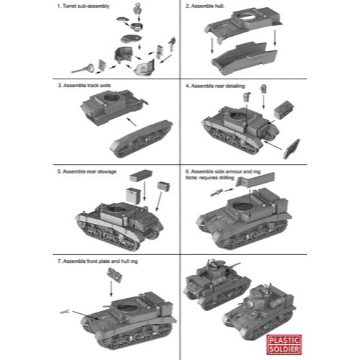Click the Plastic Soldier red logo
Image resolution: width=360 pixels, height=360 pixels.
[284, 345]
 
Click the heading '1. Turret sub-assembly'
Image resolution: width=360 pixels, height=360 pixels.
[84, 6]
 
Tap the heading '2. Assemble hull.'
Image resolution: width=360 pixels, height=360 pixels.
[205, 6]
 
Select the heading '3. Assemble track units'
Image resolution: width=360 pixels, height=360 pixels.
[84, 86]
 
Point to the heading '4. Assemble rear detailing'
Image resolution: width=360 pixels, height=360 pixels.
[215, 86]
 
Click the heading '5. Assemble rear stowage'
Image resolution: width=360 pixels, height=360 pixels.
[87, 171]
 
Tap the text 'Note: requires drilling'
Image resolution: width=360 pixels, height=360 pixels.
[210, 178]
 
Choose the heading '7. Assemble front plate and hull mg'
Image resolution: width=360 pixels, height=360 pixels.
[98, 261]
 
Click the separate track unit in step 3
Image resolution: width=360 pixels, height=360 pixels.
[141, 139]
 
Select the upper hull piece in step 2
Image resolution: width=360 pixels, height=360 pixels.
[243, 24]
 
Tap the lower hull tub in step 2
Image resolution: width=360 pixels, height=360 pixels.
[244, 58]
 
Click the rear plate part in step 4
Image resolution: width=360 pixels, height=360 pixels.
[291, 149]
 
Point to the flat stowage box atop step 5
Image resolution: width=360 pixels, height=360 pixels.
[140, 176]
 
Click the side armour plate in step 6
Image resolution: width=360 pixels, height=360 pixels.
[256, 179]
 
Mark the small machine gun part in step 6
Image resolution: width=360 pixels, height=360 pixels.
[217, 192]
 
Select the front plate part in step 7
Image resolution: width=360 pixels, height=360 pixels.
[114, 275]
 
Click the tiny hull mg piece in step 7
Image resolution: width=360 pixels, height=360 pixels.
[64, 312]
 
